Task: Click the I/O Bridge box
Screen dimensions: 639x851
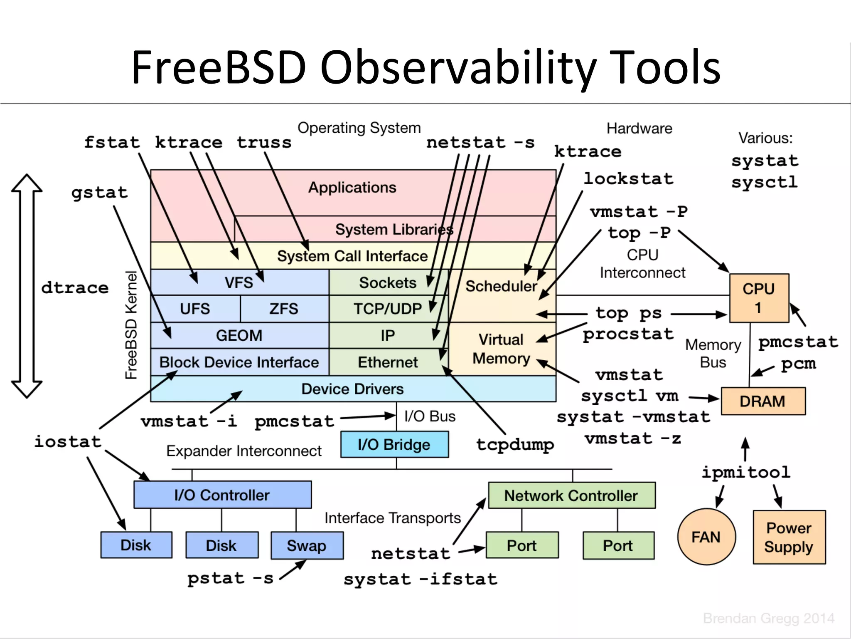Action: [394, 444]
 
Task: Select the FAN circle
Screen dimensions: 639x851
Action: [706, 537]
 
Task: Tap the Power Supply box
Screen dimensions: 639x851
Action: [789, 537]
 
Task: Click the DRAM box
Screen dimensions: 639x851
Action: [763, 401]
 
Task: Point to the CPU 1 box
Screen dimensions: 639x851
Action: [759, 298]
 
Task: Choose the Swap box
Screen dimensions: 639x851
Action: [307, 545]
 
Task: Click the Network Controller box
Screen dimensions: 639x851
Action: [571, 495]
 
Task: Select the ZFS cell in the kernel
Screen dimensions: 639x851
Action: [284, 309]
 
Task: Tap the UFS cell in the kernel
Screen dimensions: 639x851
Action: [195, 309]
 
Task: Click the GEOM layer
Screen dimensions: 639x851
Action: [239, 335]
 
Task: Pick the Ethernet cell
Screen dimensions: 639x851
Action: [387, 362]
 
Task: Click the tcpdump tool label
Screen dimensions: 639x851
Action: [515, 444]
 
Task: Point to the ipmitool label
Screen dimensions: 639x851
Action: [746, 472]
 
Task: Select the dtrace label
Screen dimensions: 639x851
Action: [75, 287]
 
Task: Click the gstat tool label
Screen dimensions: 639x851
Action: [100, 193]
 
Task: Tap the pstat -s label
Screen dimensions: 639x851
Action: [230, 578]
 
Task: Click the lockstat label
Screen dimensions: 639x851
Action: [628, 179]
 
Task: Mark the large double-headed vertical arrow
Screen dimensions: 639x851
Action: [27, 286]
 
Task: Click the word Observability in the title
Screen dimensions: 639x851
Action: [458, 67]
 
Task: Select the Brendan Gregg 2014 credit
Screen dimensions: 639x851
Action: [768, 618]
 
